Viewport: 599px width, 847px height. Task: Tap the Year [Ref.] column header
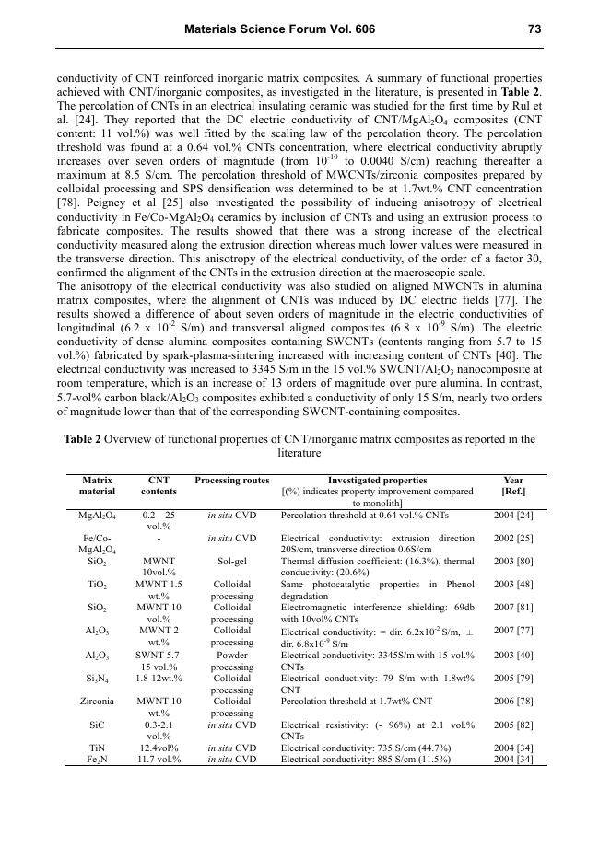pyautogui.click(x=513, y=486)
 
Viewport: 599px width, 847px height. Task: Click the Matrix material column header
pyautogui.click(x=98, y=486)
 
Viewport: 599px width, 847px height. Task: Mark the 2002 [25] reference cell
pyautogui.click(x=513, y=538)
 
